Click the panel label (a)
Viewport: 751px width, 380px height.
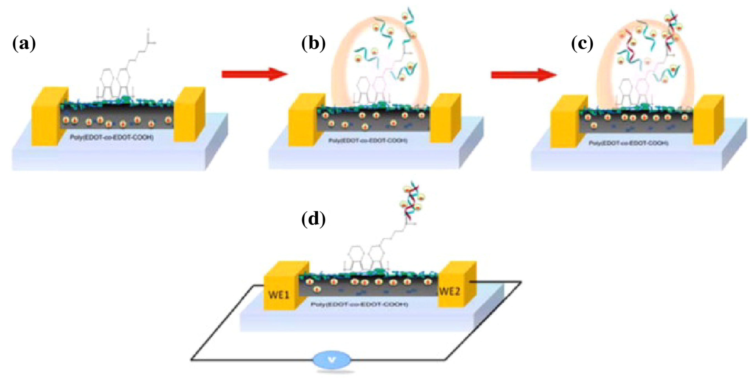tap(24, 44)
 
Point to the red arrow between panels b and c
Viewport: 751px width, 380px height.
tap(524, 75)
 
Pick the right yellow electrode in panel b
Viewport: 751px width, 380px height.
tap(445, 118)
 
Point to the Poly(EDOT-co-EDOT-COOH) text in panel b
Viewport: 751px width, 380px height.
tap(368, 140)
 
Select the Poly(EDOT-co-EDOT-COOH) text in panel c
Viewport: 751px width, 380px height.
tap(629, 143)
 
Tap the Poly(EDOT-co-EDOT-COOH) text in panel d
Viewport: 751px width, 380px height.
tap(359, 304)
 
